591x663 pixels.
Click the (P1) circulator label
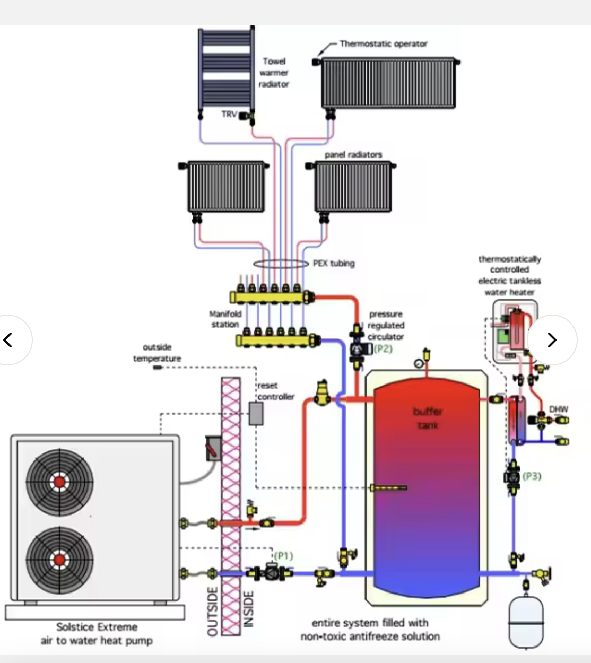[283, 556]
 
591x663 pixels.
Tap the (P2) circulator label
[383, 349]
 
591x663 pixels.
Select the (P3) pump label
[532, 476]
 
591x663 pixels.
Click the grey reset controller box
[256, 414]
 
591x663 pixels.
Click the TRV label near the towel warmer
[229, 114]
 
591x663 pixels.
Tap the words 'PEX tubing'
[334, 264]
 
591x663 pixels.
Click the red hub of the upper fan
[59, 482]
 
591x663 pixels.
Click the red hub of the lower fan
[59, 560]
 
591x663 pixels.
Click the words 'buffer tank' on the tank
[428, 418]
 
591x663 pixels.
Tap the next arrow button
[552, 340]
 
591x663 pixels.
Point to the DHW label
[559, 409]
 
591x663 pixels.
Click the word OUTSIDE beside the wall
[213, 612]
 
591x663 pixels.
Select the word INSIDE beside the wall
[249, 609]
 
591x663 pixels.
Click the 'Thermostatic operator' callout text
[384, 44]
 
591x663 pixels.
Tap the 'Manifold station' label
[225, 319]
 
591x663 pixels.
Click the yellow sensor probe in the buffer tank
[389, 488]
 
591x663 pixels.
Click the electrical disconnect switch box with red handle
[213, 448]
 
